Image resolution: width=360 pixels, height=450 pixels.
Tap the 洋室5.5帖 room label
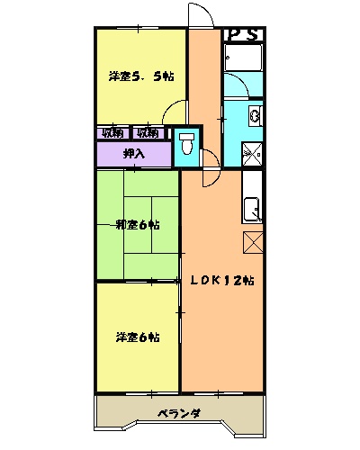click(x=139, y=77)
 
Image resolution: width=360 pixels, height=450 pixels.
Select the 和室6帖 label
click(x=137, y=224)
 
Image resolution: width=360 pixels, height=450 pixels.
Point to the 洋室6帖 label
click(x=137, y=337)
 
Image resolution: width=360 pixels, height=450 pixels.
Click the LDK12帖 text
click(x=221, y=280)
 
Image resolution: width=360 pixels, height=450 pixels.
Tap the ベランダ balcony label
click(x=178, y=414)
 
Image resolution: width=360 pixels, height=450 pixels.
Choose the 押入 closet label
click(x=133, y=154)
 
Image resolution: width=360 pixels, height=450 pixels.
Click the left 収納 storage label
click(x=113, y=133)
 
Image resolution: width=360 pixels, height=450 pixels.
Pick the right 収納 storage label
click(x=148, y=133)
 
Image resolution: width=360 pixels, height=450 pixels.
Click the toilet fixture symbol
click(x=187, y=143)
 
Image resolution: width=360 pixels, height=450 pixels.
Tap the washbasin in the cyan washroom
click(x=255, y=116)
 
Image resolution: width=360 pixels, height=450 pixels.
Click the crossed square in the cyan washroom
click(x=251, y=154)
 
